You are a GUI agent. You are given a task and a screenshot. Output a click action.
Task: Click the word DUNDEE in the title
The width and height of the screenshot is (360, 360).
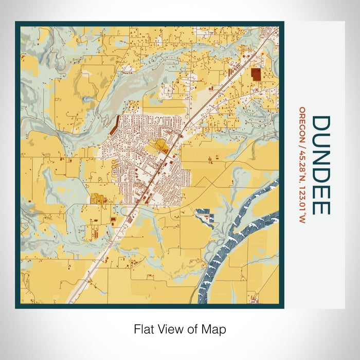tap(321, 165)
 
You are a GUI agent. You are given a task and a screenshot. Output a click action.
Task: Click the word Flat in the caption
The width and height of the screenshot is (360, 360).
tap(143, 328)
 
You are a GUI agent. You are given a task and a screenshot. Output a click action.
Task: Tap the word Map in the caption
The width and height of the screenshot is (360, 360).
tap(216, 328)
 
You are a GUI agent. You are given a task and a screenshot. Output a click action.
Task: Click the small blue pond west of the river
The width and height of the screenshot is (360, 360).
tap(205, 213)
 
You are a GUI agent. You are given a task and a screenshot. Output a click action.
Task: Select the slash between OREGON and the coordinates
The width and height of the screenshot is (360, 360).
tap(302, 143)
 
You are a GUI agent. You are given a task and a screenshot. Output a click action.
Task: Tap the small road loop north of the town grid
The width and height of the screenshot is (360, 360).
tap(135, 107)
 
